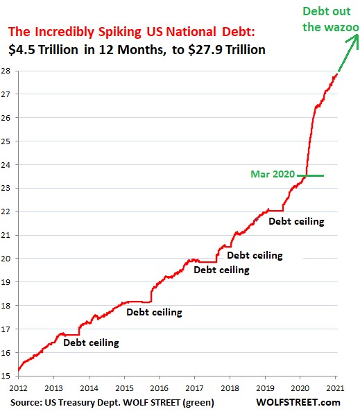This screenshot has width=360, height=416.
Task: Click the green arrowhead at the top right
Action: (354, 40)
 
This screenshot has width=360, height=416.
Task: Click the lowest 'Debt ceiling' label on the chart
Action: (91, 343)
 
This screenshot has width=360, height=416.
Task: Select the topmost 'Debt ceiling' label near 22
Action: (296, 222)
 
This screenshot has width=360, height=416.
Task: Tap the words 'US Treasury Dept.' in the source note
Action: (82, 402)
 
